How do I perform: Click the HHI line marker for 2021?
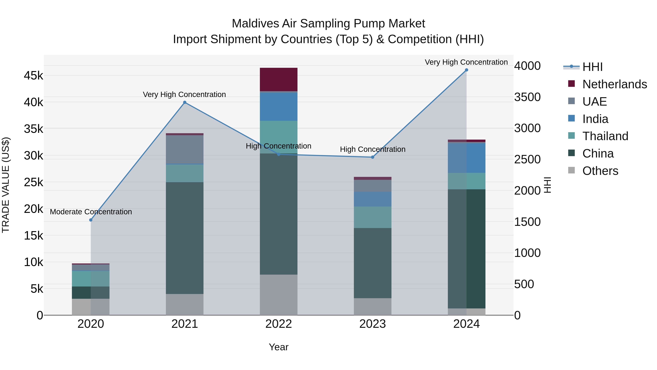pyautogui.click(x=185, y=102)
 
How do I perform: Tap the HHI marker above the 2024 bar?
pyautogui.click(x=466, y=70)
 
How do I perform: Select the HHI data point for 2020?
pyautogui.click(x=91, y=220)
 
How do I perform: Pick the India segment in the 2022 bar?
pyautogui.click(x=278, y=107)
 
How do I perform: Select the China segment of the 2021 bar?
pyautogui.click(x=185, y=238)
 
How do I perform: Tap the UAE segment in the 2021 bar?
pyautogui.click(x=185, y=149)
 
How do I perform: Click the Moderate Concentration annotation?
pyautogui.click(x=91, y=212)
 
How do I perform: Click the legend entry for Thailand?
pyautogui.click(x=605, y=136)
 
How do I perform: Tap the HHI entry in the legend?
pyautogui.click(x=592, y=67)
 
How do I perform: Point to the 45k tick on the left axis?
pyautogui.click(x=33, y=76)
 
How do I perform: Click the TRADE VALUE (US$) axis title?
pyautogui.click(x=6, y=185)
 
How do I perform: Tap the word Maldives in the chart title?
pyautogui.click(x=255, y=24)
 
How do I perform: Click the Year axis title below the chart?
pyautogui.click(x=278, y=347)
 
